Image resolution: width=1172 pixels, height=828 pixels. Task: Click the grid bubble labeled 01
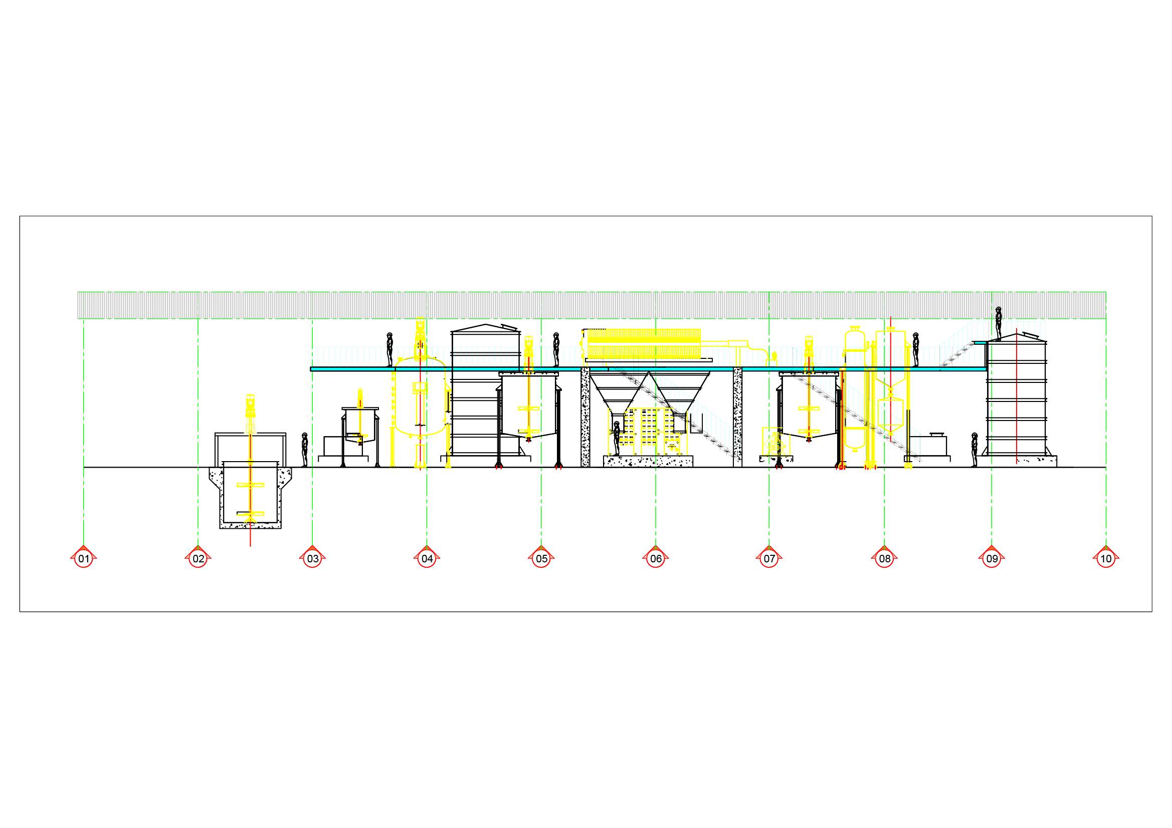84,558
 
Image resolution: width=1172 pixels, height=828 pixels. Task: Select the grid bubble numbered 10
1106,558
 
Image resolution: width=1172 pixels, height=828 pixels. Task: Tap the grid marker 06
656,558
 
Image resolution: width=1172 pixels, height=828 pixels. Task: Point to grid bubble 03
313,558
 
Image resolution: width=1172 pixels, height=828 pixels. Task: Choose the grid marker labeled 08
885,558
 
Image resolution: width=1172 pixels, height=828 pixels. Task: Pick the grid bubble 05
541,558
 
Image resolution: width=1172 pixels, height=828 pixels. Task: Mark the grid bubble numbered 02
199,558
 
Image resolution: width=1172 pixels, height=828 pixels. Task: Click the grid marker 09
992,558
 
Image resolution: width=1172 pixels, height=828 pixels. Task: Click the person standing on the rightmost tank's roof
999,324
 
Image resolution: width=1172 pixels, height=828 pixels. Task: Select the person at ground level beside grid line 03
305,450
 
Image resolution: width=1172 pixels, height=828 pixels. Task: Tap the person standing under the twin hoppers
617,439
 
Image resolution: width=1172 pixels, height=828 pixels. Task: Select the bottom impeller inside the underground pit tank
250,514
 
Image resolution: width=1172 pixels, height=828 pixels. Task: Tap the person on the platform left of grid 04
389,350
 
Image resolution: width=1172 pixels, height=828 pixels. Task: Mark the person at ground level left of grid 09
974,450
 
